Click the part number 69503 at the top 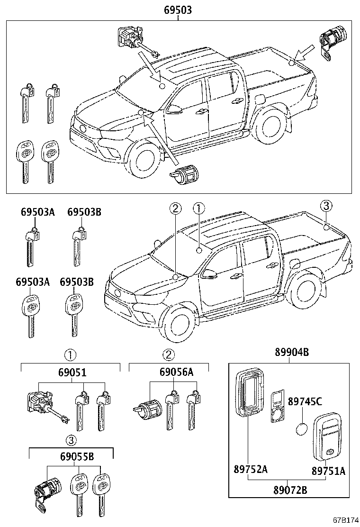tap(178, 9)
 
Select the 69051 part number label tap(72, 373)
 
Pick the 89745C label tap(305, 402)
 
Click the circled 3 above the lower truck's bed tap(325, 206)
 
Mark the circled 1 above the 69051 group tap(70, 354)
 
